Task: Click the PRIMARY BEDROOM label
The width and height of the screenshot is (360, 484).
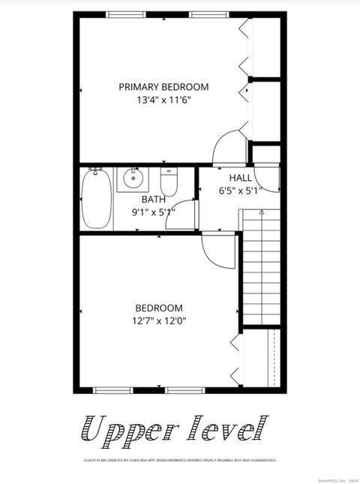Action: tap(163, 87)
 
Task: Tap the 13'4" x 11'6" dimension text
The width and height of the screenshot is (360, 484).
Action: tap(163, 100)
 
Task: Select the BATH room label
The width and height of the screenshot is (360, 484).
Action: tap(154, 200)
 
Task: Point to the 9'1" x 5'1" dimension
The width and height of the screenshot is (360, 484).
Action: tap(154, 212)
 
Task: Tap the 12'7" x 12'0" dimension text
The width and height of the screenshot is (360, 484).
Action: tap(158, 320)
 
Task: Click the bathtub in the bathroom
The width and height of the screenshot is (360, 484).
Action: tap(96, 199)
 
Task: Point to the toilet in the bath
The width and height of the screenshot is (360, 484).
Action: tap(168, 181)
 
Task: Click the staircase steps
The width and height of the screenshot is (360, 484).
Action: tap(261, 270)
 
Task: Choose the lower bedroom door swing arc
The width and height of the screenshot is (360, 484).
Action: tap(219, 251)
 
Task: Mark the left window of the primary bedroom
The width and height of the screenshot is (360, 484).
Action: tap(126, 14)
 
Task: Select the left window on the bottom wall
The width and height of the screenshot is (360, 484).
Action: tap(114, 390)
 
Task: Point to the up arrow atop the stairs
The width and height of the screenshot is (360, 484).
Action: tap(261, 213)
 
